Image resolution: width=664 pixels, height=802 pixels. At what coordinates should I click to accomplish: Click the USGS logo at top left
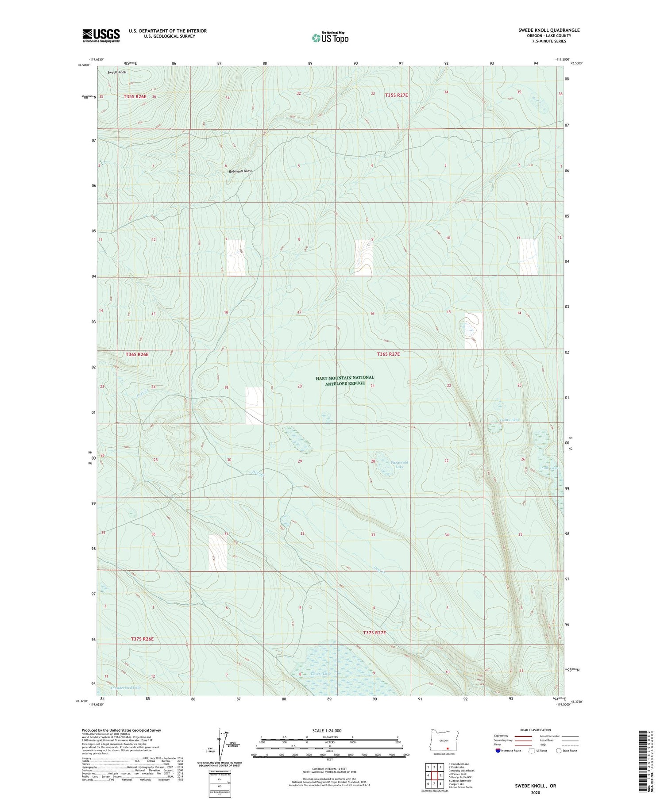101,35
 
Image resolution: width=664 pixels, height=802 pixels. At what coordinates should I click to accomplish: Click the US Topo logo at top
330,38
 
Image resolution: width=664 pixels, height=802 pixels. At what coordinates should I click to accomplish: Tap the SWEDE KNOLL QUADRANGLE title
549,30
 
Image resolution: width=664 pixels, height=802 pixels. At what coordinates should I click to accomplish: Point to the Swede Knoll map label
117,72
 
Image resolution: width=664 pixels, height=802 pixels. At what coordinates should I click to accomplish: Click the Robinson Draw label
240,171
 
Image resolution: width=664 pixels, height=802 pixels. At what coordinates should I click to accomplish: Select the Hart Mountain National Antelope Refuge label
345,380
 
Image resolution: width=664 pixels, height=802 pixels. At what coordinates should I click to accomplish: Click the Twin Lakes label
508,420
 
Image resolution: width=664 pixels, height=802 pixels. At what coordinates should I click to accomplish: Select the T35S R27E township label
396,95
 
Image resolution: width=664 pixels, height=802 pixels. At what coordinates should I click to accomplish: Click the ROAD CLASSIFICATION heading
535,730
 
